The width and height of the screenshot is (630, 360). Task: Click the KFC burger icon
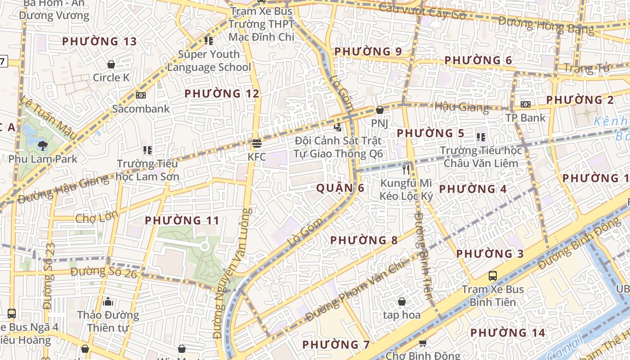257,144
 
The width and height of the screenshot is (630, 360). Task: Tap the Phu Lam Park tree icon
43,145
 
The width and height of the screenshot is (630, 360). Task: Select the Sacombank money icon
141,95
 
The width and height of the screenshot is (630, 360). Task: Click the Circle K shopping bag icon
111,65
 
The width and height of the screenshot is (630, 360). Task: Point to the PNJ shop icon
380,110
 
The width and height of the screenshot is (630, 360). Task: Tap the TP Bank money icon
525,104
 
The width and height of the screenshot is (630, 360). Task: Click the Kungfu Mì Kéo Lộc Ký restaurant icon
406,169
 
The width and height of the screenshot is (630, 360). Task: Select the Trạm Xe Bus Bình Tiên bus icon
493,275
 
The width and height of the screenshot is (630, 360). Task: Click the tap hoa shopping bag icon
402,301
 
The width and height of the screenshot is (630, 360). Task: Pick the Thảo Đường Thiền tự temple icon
108,301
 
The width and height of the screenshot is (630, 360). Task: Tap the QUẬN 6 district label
340,188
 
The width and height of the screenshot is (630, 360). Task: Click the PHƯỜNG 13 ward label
99,41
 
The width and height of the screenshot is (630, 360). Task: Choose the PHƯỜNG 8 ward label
364,240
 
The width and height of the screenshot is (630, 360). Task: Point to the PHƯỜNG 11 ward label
182,220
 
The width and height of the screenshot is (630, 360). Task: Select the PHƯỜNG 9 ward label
368,51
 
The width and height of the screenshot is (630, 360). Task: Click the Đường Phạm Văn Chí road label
355,292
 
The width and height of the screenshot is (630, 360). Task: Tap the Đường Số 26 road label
103,272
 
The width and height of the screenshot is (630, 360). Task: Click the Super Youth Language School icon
208,41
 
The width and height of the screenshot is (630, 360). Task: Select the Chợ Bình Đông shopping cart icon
423,344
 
